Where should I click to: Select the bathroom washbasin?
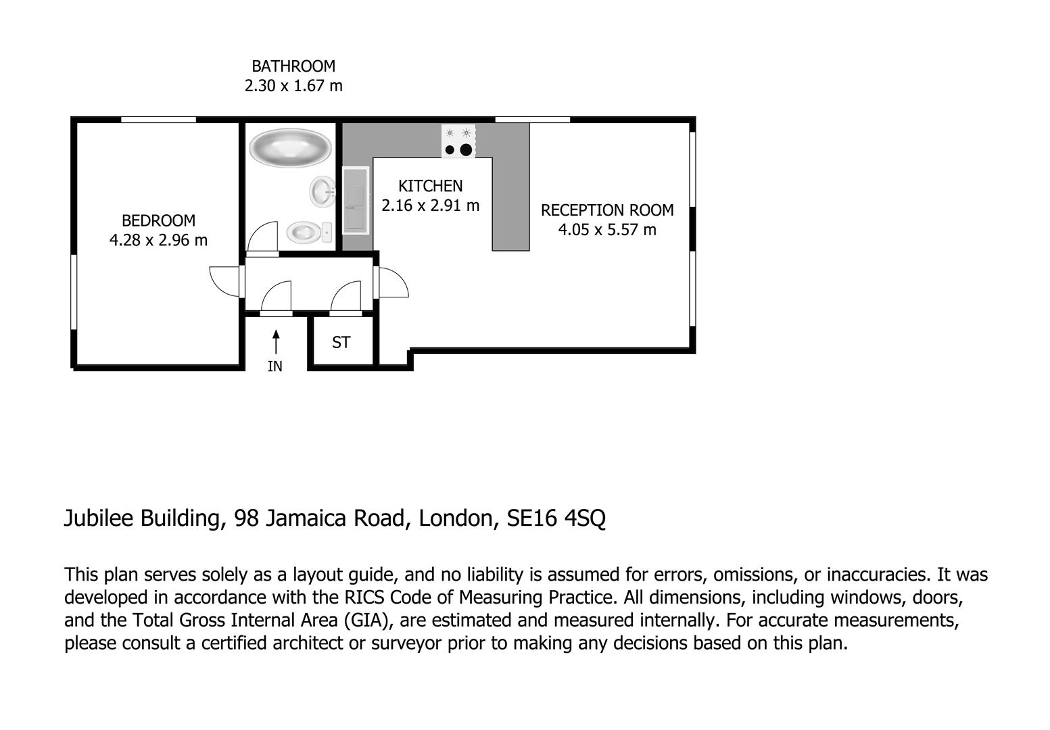pyautogui.click(x=323, y=191)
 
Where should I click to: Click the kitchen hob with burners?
pyautogui.click(x=458, y=141)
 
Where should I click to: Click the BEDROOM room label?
pyautogui.click(x=158, y=220)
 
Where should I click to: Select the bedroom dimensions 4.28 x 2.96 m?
pyautogui.click(x=158, y=240)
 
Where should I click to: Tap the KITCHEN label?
pyautogui.click(x=430, y=186)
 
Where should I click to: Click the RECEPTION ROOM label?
pyautogui.click(x=606, y=210)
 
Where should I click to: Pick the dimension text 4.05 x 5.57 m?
pyautogui.click(x=606, y=230)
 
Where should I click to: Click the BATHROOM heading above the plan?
pyautogui.click(x=293, y=66)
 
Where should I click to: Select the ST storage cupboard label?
pyautogui.click(x=341, y=343)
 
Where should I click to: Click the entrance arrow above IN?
pyautogui.click(x=276, y=341)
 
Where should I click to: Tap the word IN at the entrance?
pyautogui.click(x=275, y=366)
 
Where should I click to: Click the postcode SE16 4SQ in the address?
pyautogui.click(x=556, y=518)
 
